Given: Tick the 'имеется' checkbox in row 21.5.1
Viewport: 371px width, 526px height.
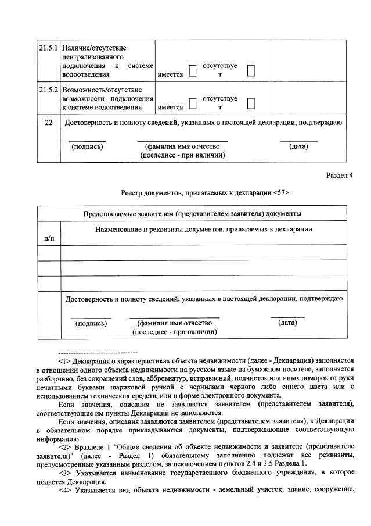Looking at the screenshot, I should (193, 71).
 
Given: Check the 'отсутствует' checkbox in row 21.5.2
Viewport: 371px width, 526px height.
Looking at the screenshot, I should (251, 103).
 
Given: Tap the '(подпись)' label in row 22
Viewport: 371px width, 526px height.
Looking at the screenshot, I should (87, 146).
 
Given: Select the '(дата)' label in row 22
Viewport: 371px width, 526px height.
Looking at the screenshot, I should (298, 146).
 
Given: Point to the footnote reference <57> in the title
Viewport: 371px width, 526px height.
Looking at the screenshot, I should (280, 192).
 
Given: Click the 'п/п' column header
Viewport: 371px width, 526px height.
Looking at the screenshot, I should (49, 238).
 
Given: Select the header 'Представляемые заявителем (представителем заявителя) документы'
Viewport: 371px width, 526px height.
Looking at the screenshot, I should (192, 213).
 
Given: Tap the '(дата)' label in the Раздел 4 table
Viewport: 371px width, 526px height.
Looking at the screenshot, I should (287, 323).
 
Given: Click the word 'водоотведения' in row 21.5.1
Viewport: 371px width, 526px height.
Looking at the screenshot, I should (85, 75).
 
